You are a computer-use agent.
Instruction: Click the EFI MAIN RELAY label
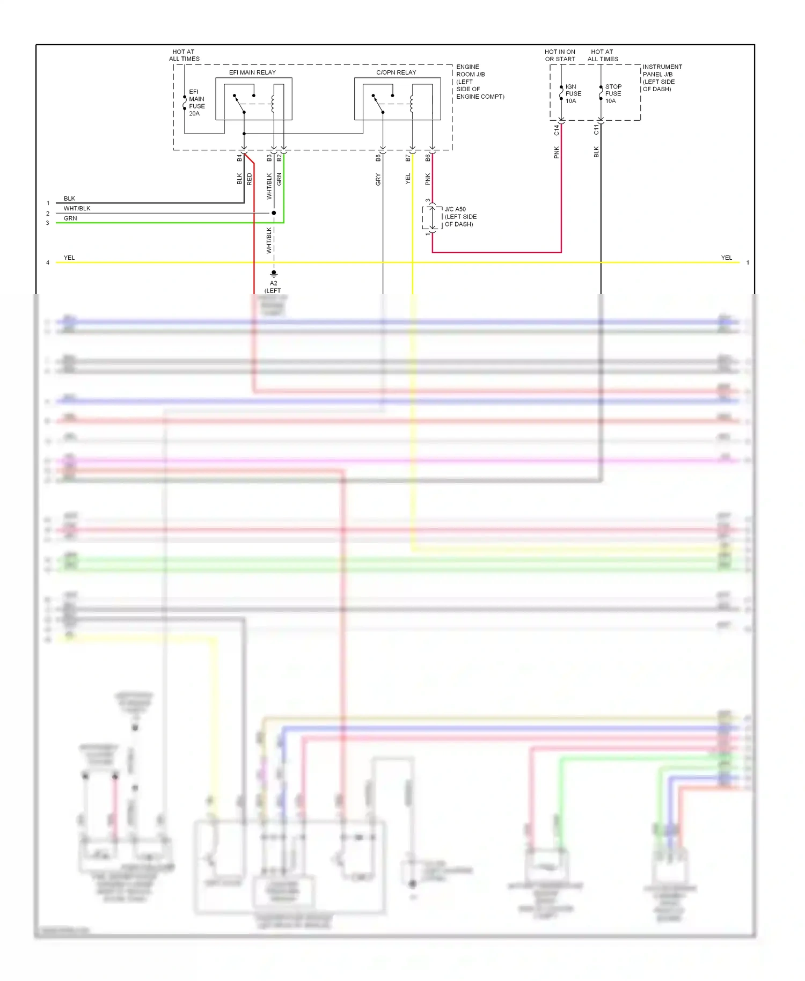pyautogui.click(x=252, y=72)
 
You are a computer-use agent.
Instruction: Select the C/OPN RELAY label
pyautogui.click(x=396, y=72)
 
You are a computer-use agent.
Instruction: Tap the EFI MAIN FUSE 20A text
pyautogui.click(x=196, y=103)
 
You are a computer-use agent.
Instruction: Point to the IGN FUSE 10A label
pyautogui.click(x=573, y=93)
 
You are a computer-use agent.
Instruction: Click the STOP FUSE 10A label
pyautogui.click(x=613, y=93)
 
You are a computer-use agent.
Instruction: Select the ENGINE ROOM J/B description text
pyautogui.click(x=480, y=82)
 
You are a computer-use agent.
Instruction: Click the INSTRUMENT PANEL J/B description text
pyautogui.click(x=662, y=78)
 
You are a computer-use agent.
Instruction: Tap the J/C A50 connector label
pyautogui.click(x=460, y=216)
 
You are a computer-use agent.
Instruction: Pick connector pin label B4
pyautogui.click(x=239, y=158)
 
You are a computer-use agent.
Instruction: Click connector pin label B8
pyautogui.click(x=378, y=158)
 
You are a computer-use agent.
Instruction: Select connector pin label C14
pyautogui.click(x=557, y=130)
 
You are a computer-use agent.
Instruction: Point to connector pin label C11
pyautogui.click(x=596, y=130)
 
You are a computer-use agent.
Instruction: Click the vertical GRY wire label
pyautogui.click(x=378, y=179)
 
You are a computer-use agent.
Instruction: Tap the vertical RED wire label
pyautogui.click(x=250, y=179)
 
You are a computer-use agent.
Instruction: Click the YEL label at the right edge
pyautogui.click(x=726, y=258)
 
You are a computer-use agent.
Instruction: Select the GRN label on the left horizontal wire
pyautogui.click(x=70, y=218)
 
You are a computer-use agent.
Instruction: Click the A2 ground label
pyautogui.click(x=274, y=283)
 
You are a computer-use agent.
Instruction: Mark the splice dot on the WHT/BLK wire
pyautogui.click(x=274, y=213)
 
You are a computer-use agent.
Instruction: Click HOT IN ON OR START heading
pyautogui.click(x=560, y=55)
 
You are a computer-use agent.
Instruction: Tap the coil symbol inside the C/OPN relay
pyautogui.click(x=412, y=104)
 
